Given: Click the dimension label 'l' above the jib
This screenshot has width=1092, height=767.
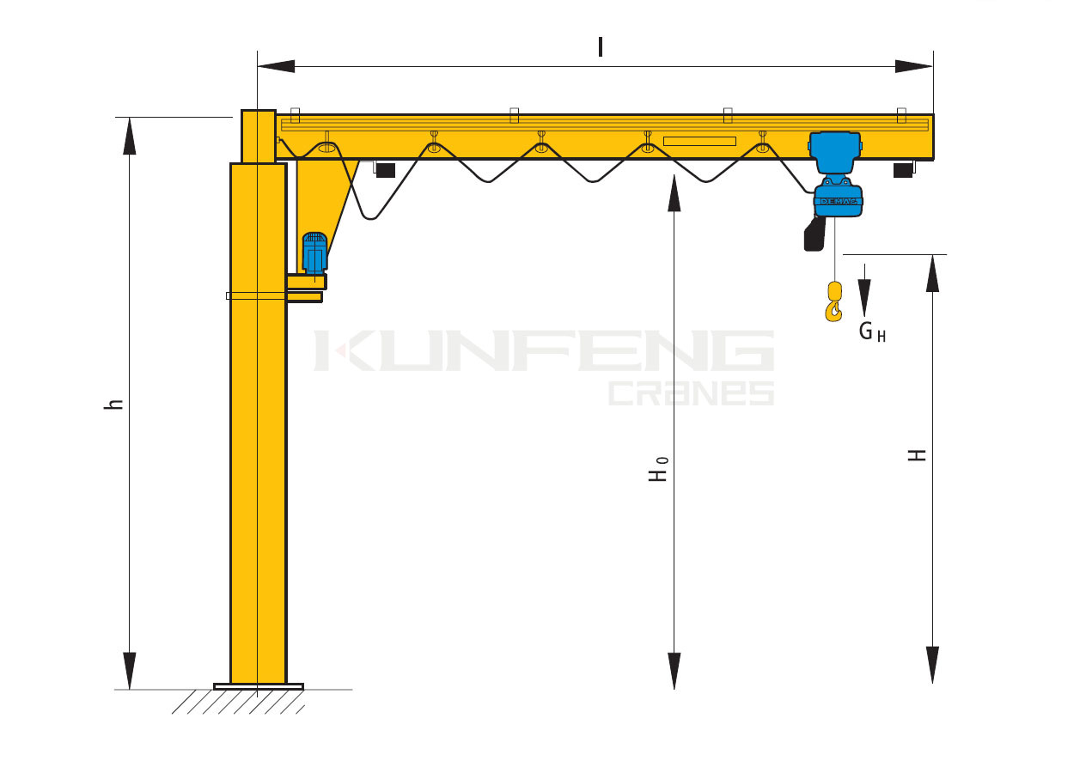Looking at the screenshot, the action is click(x=600, y=47).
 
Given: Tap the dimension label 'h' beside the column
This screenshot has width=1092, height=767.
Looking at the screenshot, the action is click(x=113, y=404).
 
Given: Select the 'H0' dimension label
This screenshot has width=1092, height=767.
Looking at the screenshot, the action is click(x=657, y=469).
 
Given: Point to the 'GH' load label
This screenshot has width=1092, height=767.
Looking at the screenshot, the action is click(x=872, y=332).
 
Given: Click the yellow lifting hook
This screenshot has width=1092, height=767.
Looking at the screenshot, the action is click(x=834, y=301).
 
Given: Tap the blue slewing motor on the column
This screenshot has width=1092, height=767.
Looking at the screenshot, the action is click(x=314, y=253).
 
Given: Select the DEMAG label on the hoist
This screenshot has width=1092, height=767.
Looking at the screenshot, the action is click(x=839, y=201).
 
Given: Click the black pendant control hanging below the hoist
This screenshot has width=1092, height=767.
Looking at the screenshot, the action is click(x=814, y=234).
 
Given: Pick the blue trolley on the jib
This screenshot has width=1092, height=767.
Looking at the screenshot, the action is click(x=834, y=151).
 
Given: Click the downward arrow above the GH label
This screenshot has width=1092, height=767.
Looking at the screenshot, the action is click(x=864, y=290).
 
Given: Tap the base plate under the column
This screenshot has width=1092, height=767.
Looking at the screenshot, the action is click(x=259, y=686).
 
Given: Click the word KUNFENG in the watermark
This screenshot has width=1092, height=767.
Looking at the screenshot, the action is click(x=544, y=350).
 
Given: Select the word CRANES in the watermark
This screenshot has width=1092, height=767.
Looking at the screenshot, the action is click(x=692, y=393).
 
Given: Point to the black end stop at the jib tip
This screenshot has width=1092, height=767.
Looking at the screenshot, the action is click(x=903, y=170).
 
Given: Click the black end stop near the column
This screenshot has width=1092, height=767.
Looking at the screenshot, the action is click(x=385, y=170).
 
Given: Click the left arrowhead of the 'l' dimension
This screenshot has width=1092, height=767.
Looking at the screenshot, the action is click(x=276, y=66).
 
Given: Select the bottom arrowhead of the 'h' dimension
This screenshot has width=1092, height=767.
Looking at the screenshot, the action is click(x=129, y=671).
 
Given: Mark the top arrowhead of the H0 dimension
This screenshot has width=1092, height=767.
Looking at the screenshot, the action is click(x=674, y=193).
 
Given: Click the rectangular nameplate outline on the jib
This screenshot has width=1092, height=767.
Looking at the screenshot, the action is click(x=699, y=142).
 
